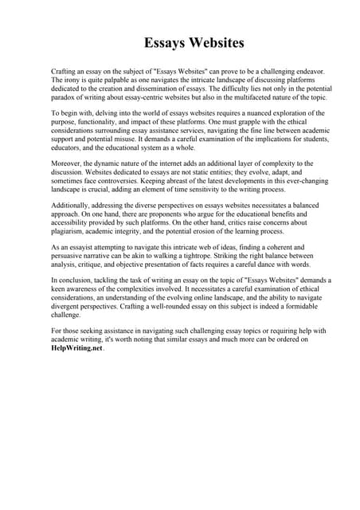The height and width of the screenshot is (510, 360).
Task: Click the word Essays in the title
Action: (x=165, y=42)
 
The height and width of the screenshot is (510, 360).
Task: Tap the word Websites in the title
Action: (x=214, y=42)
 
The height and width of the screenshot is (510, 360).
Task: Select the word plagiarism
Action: (x=72, y=233)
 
